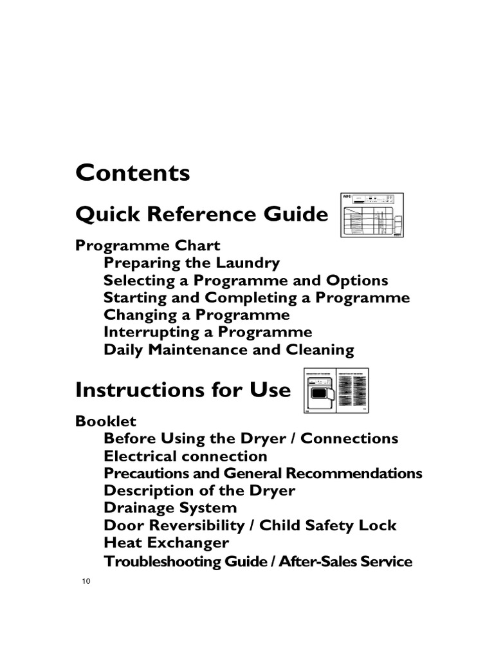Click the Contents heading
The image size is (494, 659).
(133, 172)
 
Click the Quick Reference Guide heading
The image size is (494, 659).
(202, 214)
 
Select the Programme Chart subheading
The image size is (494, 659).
(148, 245)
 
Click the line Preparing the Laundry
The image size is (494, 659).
(192, 263)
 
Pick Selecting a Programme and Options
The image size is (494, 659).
(246, 281)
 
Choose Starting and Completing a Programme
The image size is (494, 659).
(256, 298)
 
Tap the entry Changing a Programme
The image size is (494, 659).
(196, 315)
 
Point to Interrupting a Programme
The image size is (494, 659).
(208, 333)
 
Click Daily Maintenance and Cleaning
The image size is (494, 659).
(228, 350)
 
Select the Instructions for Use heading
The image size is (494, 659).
(183, 390)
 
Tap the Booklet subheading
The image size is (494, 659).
(106, 421)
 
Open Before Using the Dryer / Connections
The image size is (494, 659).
(251, 438)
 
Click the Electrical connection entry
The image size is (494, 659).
(185, 456)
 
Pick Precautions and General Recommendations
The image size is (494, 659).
(262, 474)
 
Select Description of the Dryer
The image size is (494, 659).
(199, 490)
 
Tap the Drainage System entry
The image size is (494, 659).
(170, 508)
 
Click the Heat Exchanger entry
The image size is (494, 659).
(166, 543)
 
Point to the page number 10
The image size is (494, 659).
(86, 582)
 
